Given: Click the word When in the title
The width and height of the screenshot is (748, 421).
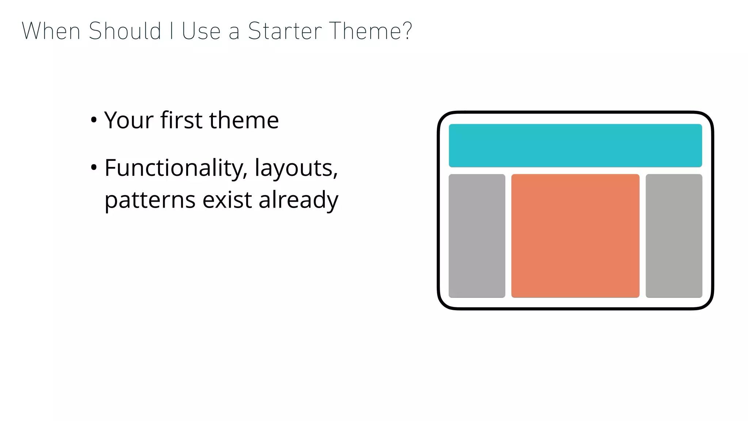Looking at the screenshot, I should point(51,31).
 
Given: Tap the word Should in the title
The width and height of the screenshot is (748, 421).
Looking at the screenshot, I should point(125,31).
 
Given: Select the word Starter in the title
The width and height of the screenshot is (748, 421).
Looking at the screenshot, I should point(285,31).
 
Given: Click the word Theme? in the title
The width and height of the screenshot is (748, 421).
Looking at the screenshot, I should point(370,31).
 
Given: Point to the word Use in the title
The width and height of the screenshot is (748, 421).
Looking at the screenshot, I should point(201,31).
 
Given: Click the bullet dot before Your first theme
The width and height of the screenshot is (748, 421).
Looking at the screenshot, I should point(94,120).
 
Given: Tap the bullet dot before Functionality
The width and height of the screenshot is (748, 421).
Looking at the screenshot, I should point(94,168).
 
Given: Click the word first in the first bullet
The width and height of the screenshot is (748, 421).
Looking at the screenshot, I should point(181,120).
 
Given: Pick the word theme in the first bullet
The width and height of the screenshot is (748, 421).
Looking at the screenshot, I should point(244,120).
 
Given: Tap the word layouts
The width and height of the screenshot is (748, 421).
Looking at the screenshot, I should point(296,168).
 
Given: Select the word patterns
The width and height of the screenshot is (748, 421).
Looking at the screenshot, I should point(150,200).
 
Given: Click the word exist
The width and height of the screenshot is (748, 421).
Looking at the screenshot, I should point(227,200).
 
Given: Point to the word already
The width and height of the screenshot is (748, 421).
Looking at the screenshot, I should point(298,200).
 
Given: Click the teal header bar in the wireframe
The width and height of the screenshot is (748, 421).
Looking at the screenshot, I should point(575,145).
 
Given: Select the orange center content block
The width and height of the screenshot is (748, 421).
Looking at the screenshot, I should point(575,236).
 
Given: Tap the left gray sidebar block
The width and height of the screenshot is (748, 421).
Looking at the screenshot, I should point(477,236).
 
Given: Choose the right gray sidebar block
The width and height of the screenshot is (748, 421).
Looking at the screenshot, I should point(674,236).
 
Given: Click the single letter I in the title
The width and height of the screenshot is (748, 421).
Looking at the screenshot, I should point(171,31).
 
